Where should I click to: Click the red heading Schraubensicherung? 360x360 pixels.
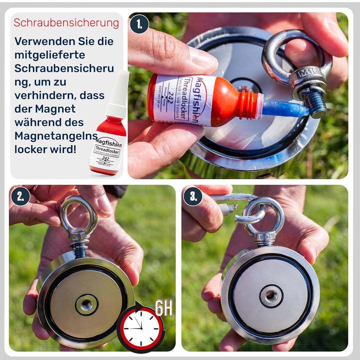(66, 23)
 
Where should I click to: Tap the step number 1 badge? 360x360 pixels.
(139, 24)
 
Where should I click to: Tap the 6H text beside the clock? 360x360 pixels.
(164, 308)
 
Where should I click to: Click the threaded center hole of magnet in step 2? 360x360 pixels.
(87, 304)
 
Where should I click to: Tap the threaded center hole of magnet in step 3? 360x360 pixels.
(271, 295)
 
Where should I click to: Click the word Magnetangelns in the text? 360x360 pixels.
(56, 136)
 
